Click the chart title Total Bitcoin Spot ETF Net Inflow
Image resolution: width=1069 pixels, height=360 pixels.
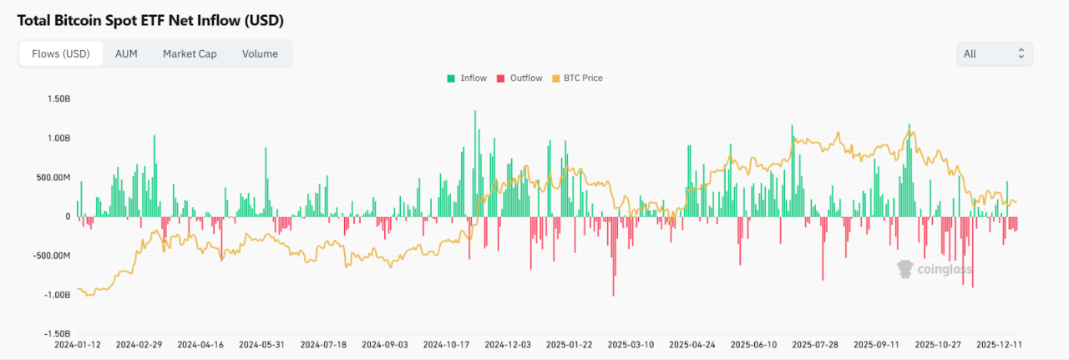(150, 19)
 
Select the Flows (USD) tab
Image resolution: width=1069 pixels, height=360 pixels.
(61, 53)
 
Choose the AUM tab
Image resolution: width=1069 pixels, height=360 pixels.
(126, 53)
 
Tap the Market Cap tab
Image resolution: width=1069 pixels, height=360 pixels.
(190, 53)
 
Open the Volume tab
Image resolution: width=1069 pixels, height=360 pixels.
(260, 53)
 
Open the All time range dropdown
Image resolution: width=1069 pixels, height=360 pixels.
(994, 53)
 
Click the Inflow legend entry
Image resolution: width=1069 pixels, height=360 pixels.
(467, 79)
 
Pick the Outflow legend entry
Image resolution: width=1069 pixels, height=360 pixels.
(519, 79)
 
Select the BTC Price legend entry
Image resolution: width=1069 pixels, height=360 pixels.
(578, 79)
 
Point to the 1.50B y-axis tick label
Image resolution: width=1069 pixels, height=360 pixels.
(58, 99)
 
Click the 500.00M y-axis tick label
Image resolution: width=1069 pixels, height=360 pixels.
(53, 177)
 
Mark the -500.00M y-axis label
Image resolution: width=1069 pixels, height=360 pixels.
(51, 256)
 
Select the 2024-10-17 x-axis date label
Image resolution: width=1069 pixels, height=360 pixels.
(446, 343)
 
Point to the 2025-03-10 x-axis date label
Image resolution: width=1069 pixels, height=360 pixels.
(631, 343)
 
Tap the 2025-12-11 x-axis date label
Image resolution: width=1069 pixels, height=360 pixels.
(1001, 343)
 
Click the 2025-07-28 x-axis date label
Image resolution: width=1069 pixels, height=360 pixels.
(815, 343)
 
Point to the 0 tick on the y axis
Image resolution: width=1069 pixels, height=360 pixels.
(68, 216)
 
